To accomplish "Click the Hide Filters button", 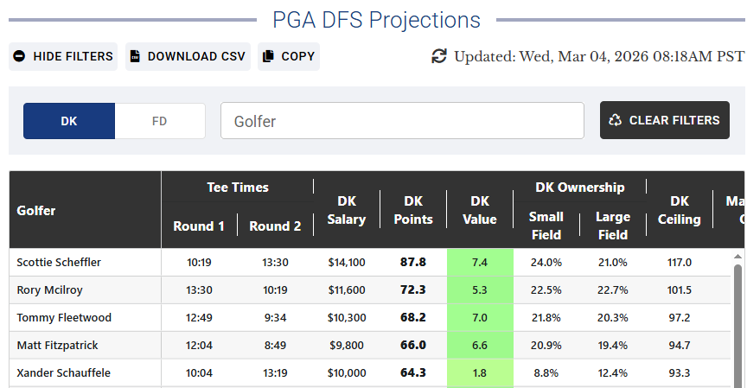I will pos(63,56).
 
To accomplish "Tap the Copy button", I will pos(289,56).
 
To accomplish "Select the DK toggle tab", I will pos(69,121).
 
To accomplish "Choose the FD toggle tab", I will pos(160,121).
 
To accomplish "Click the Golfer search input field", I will pos(402,121).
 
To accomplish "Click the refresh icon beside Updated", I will pos(439,56).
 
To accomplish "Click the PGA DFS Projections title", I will pos(376,20).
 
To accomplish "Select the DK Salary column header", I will pos(347,210).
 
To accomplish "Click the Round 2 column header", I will pos(275,226).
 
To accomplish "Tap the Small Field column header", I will pos(546,226).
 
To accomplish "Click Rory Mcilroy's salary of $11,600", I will pos(347,289).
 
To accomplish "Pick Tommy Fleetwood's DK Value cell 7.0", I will pos(480,317).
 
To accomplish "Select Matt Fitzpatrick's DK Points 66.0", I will pos(413,345).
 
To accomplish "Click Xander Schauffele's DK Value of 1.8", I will pos(480,372).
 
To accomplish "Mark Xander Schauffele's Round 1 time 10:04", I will pos(199,372).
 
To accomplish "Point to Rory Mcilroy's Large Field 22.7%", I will pos(612,289).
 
